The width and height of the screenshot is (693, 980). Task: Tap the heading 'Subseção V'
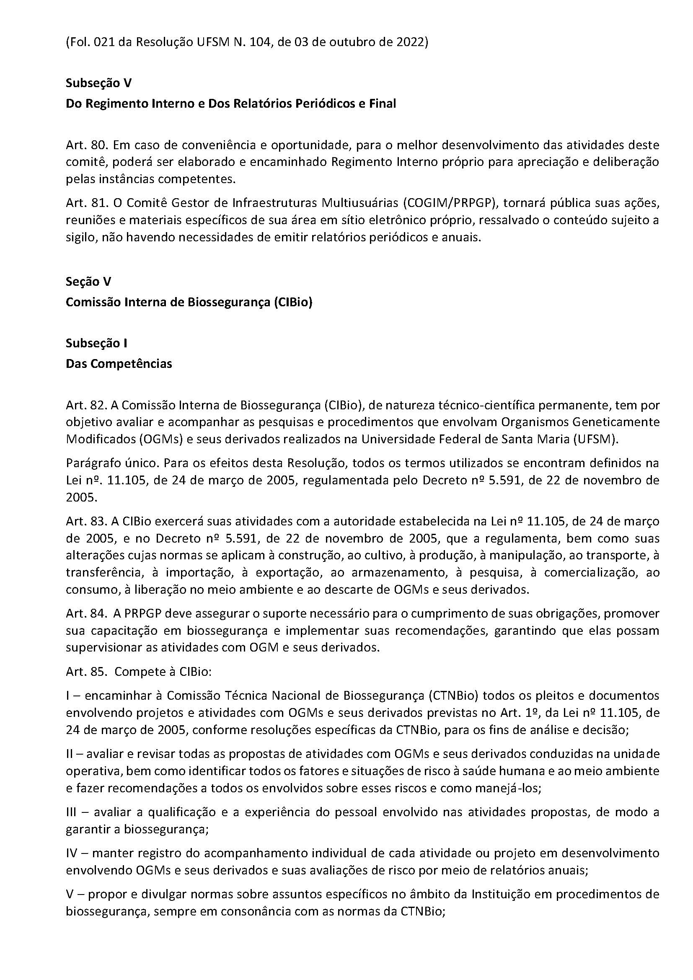point(98,83)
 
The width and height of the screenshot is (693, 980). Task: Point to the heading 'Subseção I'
point(96,343)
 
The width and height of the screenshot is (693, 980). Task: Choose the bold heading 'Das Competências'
point(119,364)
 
